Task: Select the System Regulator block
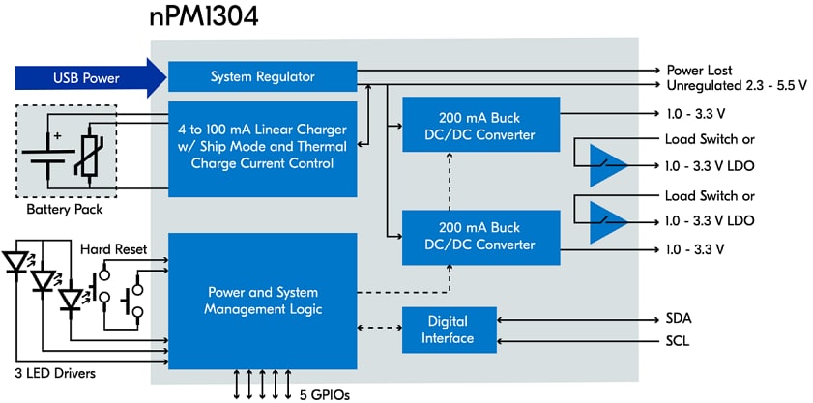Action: point(262,76)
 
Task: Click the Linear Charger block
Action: point(262,148)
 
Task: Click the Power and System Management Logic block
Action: point(262,300)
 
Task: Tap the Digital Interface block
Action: point(449,330)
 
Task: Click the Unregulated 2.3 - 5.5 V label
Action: point(738,85)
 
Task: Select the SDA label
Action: point(681,318)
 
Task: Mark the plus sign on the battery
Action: point(57,136)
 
